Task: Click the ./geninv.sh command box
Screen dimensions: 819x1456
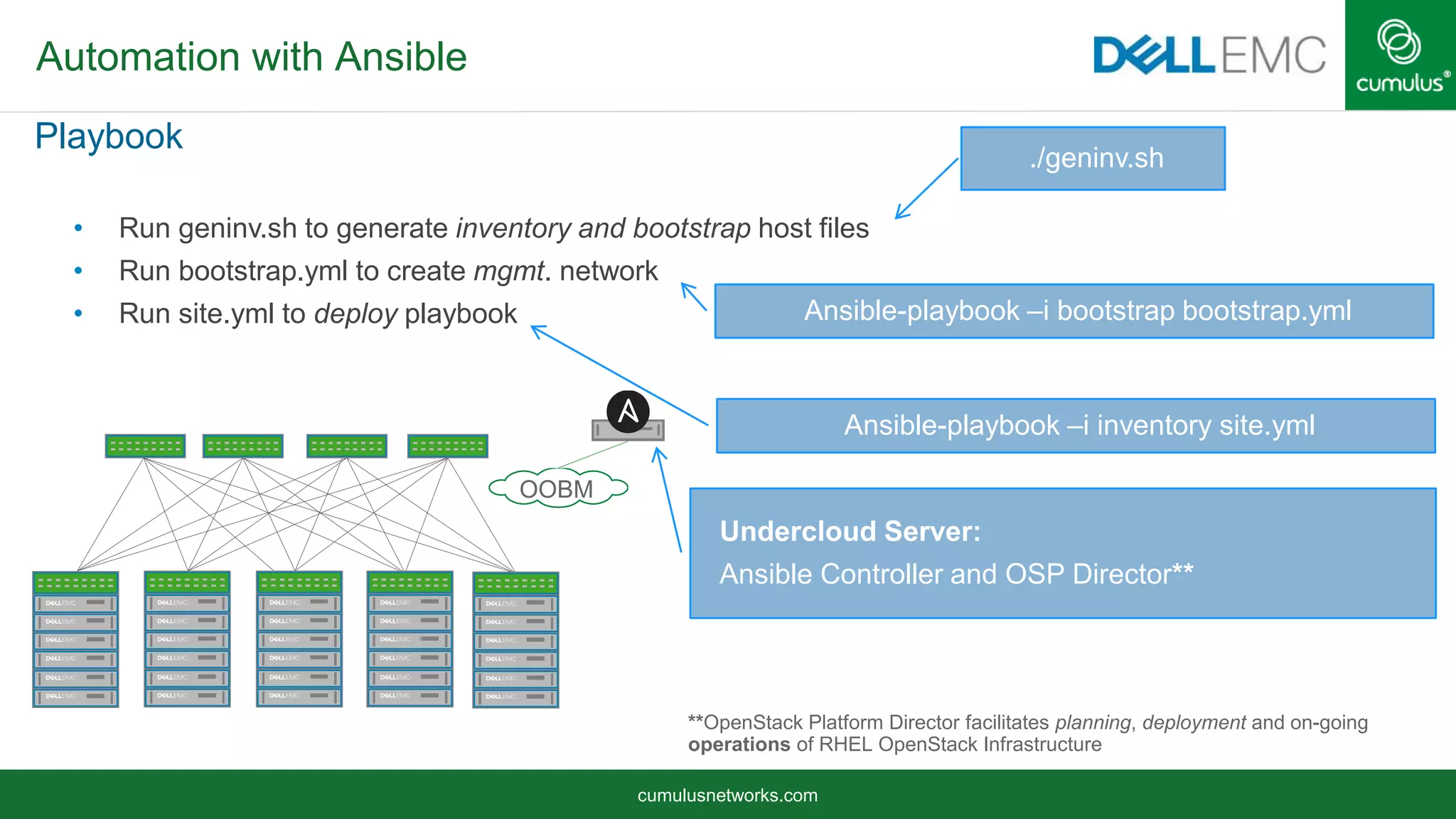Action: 1093,159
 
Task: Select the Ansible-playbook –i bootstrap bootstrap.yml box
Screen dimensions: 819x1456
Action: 1074,311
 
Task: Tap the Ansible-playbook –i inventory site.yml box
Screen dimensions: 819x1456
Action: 1076,426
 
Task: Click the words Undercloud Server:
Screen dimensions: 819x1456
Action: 850,532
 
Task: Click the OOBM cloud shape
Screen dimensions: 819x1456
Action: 557,488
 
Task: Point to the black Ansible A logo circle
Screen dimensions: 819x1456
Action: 628,411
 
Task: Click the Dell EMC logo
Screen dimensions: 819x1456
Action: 1209,55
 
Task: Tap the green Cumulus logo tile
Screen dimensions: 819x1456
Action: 1400,55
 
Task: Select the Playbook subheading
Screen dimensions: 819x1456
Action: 109,136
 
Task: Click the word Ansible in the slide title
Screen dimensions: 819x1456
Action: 400,57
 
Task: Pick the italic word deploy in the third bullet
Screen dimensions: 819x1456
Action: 355,314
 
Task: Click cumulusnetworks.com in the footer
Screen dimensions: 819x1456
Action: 727,795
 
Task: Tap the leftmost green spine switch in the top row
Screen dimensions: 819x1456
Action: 145,446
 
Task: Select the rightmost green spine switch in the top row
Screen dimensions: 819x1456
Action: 448,446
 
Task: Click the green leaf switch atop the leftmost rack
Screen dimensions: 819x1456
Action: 75,582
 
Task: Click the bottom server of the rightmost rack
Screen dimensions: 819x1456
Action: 515,697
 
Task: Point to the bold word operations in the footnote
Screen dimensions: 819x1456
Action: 739,744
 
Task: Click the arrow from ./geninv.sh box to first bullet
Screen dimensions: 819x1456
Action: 926,188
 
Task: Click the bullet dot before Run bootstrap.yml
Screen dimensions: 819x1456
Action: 78,271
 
